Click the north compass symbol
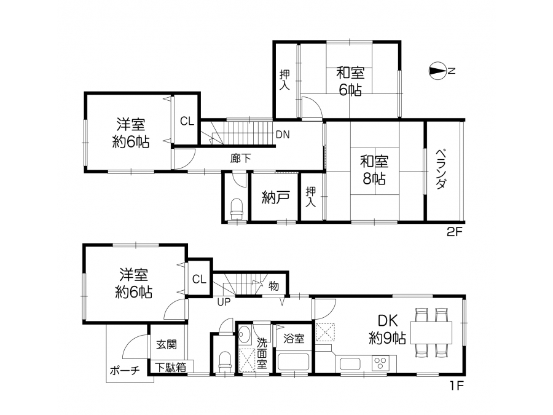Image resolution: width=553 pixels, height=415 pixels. (x=437, y=71)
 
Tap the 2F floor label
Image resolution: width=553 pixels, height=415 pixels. (x=454, y=232)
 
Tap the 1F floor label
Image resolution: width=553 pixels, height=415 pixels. (x=456, y=385)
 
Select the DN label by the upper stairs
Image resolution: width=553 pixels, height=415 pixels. (x=283, y=135)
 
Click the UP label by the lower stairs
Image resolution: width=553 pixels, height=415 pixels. (x=224, y=302)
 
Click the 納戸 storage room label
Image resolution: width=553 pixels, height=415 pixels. (x=276, y=197)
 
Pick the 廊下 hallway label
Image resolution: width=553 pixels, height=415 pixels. (x=240, y=158)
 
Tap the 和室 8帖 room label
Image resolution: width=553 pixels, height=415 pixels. (x=374, y=170)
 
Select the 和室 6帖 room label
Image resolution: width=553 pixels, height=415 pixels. (x=350, y=82)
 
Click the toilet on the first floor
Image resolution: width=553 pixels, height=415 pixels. (x=226, y=362)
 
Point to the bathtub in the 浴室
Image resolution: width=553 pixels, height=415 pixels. (x=294, y=362)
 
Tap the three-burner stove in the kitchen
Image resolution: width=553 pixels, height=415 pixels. (x=380, y=363)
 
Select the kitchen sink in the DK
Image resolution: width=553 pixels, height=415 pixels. (x=350, y=364)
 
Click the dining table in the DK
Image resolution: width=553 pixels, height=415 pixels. (x=431, y=333)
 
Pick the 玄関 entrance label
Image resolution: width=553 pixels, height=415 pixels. (x=167, y=344)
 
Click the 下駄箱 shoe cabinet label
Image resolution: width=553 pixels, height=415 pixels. (x=171, y=368)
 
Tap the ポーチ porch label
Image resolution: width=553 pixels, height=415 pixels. (x=125, y=371)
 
